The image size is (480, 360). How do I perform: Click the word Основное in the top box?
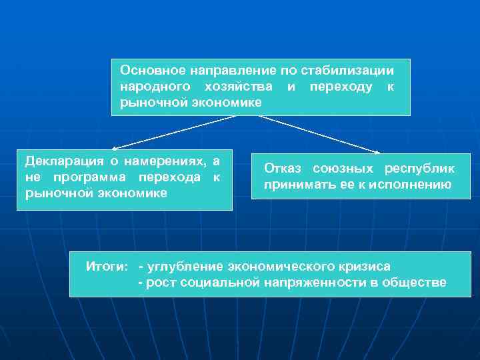click(x=148, y=70)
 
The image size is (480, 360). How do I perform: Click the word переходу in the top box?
click(x=340, y=87)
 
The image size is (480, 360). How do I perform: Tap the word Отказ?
click(x=283, y=169)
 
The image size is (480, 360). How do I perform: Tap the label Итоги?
click(x=107, y=267)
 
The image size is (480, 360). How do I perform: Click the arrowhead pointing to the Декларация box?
click(x=115, y=148)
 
